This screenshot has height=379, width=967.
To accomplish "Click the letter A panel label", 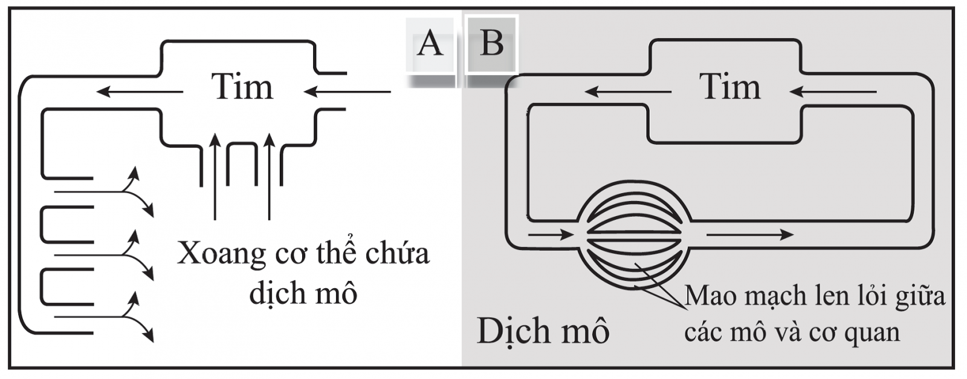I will pyautogui.click(x=430, y=44).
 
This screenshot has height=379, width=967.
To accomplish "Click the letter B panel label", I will pyautogui.click(x=491, y=44).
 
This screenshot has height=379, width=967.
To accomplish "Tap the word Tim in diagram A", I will pyautogui.click(x=242, y=87).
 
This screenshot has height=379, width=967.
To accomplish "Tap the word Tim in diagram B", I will pyautogui.click(x=729, y=87).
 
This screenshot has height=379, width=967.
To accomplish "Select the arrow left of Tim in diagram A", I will pyautogui.click(x=140, y=92).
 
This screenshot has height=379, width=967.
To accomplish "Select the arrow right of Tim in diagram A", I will pyautogui.click(x=348, y=92).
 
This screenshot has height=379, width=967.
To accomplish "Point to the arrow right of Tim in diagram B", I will pyautogui.click(x=833, y=92).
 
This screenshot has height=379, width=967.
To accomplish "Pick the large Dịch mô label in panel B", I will pyautogui.click(x=543, y=332).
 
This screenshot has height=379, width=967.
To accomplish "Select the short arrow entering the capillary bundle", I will pyautogui.click(x=550, y=234).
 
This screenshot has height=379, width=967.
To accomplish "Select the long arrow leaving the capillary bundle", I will pyautogui.click(x=749, y=234).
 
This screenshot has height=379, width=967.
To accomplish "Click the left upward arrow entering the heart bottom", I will pyautogui.click(x=215, y=176).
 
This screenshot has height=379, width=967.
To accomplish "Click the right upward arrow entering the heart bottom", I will pyautogui.click(x=270, y=176).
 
